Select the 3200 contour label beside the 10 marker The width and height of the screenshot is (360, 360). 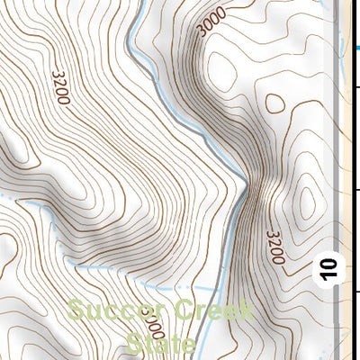tap(275, 247)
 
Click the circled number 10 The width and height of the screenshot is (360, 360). tap(328, 268)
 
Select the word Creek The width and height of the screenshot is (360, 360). tap(214, 312)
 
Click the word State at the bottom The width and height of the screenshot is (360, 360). tap(162, 344)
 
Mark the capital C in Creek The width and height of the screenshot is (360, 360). tap(185, 312)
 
